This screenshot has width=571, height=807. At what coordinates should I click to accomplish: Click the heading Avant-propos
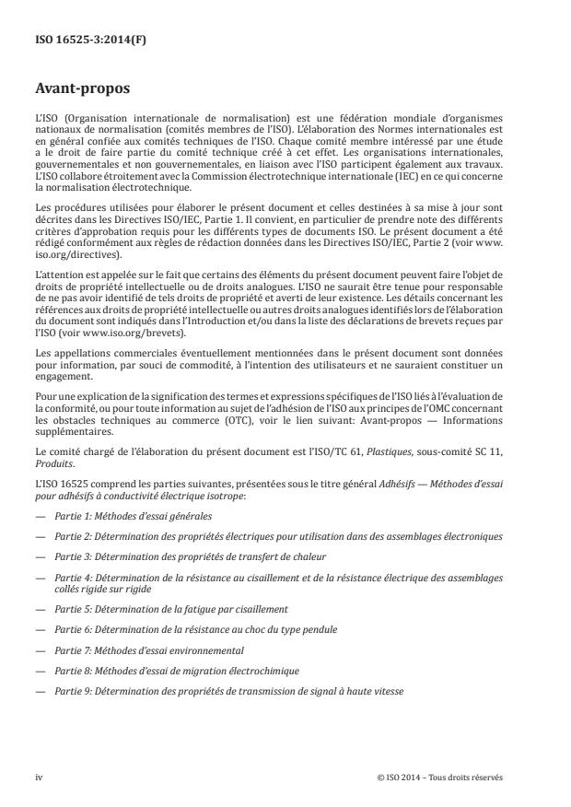tap(79, 90)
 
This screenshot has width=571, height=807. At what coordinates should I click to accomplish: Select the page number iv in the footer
tap(39, 777)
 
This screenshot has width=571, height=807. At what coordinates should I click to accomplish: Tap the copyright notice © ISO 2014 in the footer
tap(440, 777)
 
